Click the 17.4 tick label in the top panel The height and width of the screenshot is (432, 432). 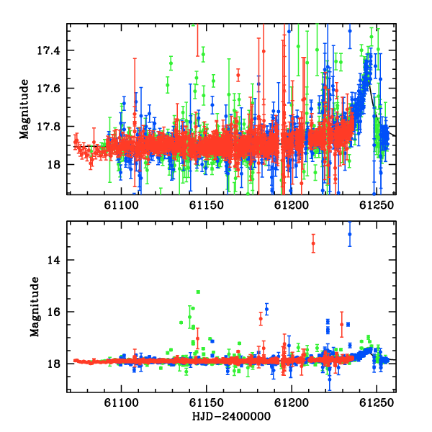(48, 50)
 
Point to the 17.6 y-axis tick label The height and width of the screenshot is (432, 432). (48, 89)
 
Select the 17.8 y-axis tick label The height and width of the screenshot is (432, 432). (48, 127)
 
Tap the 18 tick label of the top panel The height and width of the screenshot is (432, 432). (53, 165)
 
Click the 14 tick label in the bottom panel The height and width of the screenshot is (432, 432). (53, 260)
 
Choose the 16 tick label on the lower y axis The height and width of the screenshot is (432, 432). (53, 312)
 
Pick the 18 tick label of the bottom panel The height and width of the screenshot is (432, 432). (53, 364)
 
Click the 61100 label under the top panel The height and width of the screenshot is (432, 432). (121, 205)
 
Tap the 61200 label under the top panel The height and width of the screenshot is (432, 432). (292, 205)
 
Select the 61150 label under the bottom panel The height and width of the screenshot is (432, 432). (207, 403)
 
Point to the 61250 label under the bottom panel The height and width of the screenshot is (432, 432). (377, 403)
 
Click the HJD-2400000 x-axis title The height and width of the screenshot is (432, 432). (231, 416)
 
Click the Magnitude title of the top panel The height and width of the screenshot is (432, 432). (24, 109)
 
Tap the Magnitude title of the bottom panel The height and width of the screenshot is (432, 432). (35, 307)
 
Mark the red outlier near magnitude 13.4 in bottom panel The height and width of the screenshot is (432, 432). (313, 243)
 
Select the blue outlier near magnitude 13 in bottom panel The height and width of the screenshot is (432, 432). (350, 234)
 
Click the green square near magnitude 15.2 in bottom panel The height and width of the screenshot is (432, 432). (198, 292)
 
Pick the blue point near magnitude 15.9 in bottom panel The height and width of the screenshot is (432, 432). (266, 309)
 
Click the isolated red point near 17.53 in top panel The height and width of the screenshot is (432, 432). (238, 75)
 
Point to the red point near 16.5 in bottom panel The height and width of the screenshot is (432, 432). (341, 325)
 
